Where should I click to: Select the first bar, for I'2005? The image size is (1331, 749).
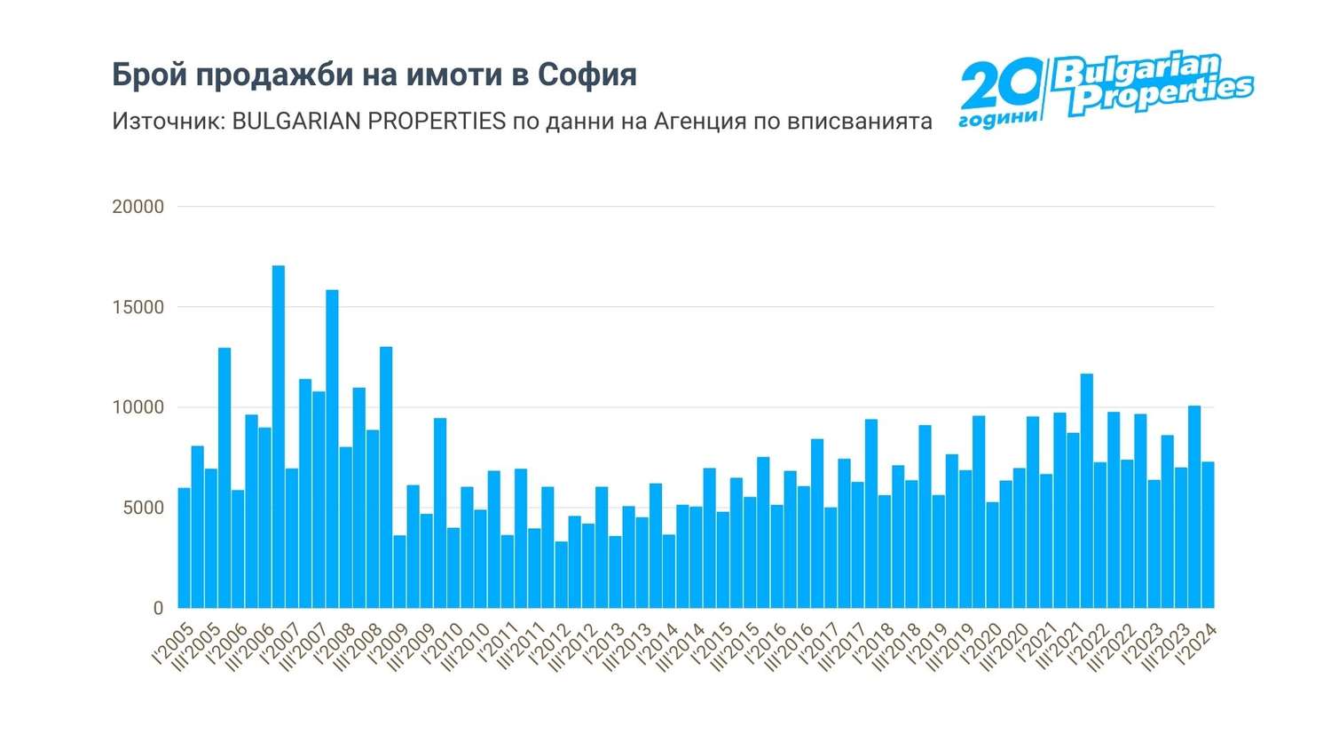pyautogui.click(x=185, y=548)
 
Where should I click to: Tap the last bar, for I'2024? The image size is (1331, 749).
pyautogui.click(x=1208, y=535)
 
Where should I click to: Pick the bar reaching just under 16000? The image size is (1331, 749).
pyautogui.click(x=332, y=449)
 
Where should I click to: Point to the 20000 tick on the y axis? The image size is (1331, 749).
pyautogui.click(x=138, y=207)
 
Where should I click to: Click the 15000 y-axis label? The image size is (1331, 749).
pyautogui.click(x=138, y=307)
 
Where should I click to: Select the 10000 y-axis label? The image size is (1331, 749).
pyautogui.click(x=138, y=407)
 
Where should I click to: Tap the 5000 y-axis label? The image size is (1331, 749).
pyautogui.click(x=143, y=508)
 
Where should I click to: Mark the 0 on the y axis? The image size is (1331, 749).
pyautogui.click(x=158, y=608)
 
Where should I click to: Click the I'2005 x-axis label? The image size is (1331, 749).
pyautogui.click(x=173, y=644)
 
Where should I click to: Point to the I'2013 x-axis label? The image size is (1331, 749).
pyautogui.click(x=604, y=644)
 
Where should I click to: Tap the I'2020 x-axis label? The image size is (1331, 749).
pyautogui.click(x=981, y=644)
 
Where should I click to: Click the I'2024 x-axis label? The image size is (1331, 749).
pyautogui.click(x=1197, y=644)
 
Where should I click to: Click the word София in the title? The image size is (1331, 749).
pyautogui.click(x=587, y=75)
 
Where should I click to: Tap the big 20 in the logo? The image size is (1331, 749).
pyautogui.click(x=1001, y=86)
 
